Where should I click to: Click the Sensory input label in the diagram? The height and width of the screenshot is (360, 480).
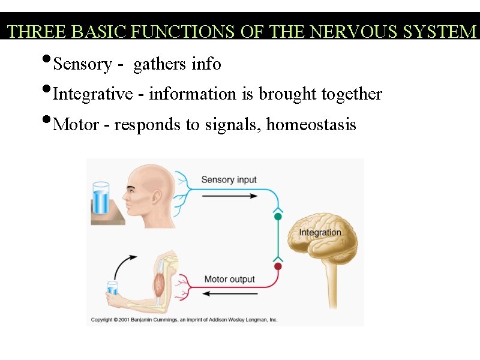(x=229, y=179)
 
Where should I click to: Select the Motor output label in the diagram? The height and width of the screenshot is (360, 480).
(x=229, y=279)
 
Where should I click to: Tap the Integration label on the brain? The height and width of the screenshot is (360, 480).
(x=320, y=233)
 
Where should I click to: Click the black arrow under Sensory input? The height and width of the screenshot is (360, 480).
(x=230, y=195)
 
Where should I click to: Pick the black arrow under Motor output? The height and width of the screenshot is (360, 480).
(x=230, y=293)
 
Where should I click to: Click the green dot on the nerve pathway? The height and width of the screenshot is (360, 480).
(x=278, y=217)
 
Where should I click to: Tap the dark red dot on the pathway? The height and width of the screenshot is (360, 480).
(x=278, y=266)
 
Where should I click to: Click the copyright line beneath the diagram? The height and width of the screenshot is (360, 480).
(x=184, y=320)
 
